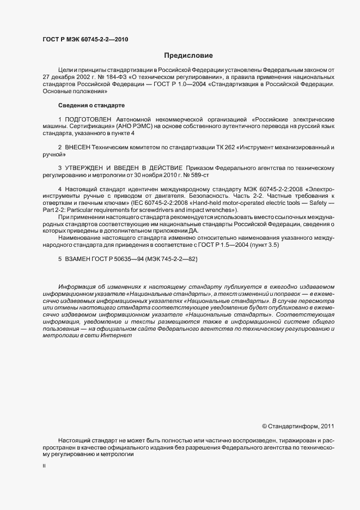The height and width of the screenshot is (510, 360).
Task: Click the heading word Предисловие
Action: tap(188, 56)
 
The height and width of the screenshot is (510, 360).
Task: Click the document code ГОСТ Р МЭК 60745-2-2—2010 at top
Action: tap(86, 40)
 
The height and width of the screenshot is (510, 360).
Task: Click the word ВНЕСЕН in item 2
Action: tap(78, 148)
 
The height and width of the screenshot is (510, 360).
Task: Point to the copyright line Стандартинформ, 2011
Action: tap(298, 426)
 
